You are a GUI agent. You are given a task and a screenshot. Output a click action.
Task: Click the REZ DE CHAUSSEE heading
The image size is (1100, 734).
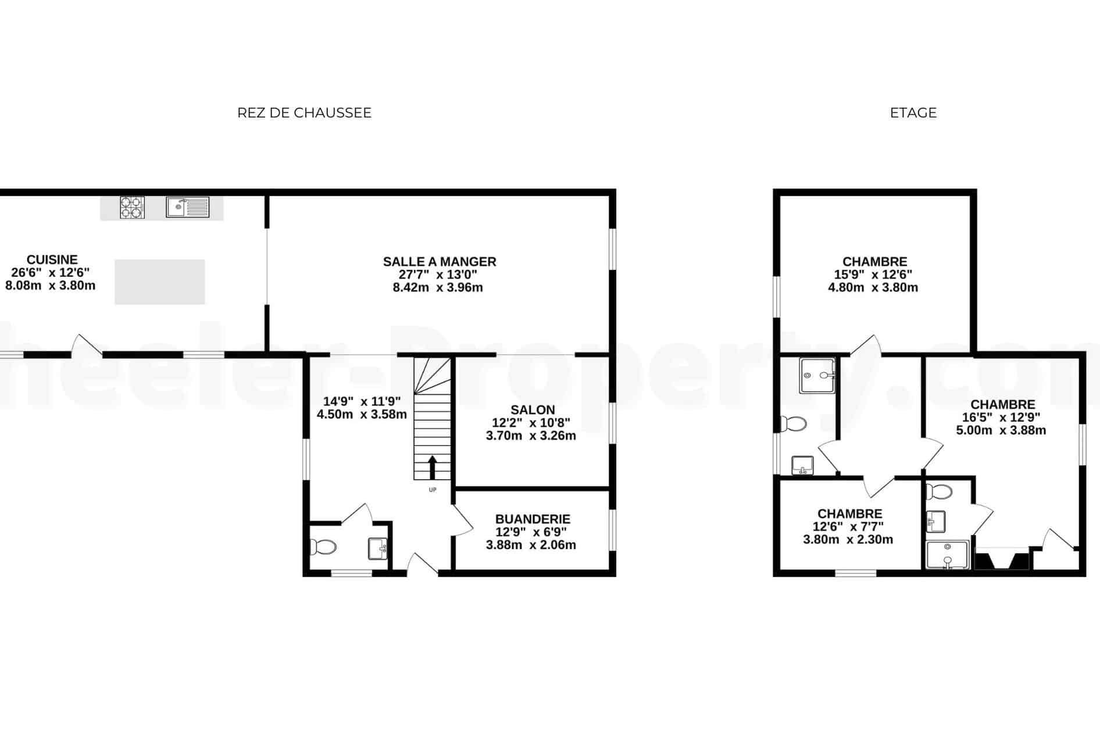click(304, 113)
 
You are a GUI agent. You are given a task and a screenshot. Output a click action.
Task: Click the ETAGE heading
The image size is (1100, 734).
click(913, 113)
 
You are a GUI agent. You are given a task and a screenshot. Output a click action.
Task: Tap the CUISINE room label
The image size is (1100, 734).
click(52, 260)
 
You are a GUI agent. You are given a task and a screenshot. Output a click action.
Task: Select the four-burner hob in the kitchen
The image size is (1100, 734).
click(133, 208)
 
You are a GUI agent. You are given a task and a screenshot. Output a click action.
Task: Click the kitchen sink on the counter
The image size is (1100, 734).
click(188, 207)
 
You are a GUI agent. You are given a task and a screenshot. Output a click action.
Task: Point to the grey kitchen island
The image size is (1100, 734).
click(160, 282)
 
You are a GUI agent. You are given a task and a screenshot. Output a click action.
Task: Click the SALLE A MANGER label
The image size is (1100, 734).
click(440, 262)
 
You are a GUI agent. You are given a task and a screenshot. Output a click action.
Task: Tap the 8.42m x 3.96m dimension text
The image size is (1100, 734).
click(438, 287)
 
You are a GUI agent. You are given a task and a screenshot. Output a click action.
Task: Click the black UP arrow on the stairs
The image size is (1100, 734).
click(433, 467)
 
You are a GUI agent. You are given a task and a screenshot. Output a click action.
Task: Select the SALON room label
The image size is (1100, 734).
click(533, 410)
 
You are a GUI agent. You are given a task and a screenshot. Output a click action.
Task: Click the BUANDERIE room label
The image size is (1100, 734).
click(533, 519)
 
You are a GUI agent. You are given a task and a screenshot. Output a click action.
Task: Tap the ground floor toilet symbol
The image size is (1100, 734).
click(323, 547)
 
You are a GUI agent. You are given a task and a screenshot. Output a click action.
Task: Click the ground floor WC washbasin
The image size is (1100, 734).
click(378, 548)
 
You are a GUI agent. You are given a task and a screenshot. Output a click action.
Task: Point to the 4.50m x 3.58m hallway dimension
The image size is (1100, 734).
click(362, 414)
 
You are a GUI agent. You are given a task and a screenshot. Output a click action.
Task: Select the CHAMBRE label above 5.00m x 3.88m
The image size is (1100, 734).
click(1003, 404)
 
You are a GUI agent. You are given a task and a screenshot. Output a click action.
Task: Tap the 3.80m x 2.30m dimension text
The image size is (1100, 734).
click(848, 540)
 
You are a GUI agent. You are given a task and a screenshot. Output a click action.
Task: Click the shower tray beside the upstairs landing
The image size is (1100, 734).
click(817, 376)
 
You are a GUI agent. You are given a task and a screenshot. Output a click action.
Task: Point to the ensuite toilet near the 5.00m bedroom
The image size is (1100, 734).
click(938, 492)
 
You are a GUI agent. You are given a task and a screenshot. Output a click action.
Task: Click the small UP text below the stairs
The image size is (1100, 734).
click(433, 490)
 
